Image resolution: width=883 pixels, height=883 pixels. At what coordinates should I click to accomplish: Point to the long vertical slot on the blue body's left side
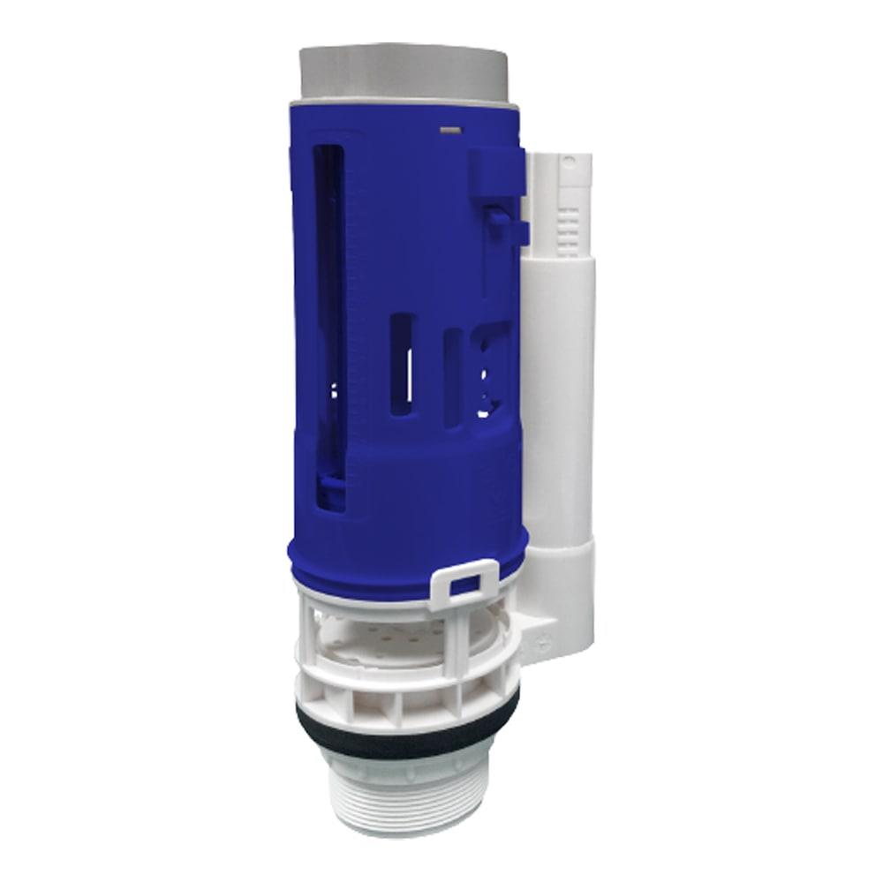pos(328,291)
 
